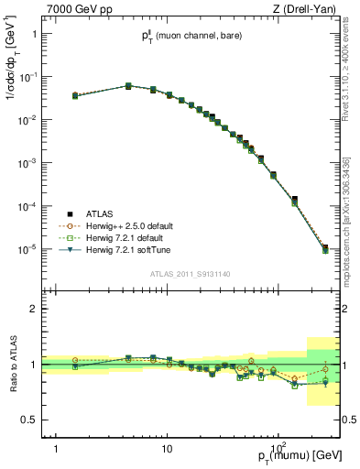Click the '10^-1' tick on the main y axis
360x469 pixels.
pyautogui.click(x=27, y=77)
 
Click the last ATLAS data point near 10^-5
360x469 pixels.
pyautogui.click(x=325, y=247)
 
